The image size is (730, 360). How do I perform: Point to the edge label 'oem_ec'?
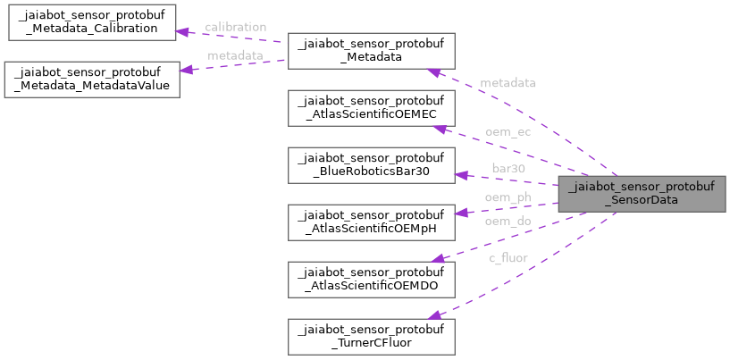coord(508,132)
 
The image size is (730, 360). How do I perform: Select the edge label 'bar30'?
coord(508,167)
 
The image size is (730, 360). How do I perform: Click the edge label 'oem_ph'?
coord(508,197)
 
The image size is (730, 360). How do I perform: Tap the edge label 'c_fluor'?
coord(508,258)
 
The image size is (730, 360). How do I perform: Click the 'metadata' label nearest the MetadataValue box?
coord(234,55)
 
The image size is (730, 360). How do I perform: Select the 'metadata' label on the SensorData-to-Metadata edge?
coord(508,83)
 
